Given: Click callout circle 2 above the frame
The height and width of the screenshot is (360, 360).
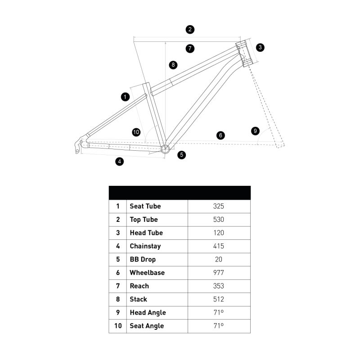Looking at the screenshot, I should coord(190,30).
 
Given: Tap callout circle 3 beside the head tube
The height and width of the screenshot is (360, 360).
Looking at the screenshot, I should coord(261,47).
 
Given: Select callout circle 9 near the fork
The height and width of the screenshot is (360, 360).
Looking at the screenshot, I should coord(255,131).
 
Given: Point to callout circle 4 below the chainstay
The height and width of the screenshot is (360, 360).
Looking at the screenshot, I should coord(119,161).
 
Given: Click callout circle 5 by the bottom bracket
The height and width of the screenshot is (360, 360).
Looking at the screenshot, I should coord(181,155).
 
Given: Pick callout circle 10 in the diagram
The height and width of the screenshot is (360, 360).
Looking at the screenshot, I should coord(136,132).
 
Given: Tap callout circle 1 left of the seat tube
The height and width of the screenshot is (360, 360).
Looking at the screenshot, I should coord(126,96).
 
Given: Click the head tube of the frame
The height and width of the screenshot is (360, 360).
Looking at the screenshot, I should coord(244,53).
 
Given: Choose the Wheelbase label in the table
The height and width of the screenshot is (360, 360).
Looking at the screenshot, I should coord(147,273).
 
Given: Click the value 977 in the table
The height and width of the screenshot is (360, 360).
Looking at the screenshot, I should coord(219,273).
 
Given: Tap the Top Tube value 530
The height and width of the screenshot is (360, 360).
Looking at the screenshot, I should coord(219,220).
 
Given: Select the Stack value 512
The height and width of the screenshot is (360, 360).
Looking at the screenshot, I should coord(219,299).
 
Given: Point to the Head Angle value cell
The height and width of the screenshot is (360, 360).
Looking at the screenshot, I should coord(219,312).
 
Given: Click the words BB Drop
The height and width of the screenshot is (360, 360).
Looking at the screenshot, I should coord(142,259).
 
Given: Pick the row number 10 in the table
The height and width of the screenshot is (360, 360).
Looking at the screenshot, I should coord(118,326).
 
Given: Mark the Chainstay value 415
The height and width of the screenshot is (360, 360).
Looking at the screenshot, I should coord(219,246).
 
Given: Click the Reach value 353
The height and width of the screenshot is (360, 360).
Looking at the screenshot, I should coord(219,286).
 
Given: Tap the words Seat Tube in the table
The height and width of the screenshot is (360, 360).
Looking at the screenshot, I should coord(145,206).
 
